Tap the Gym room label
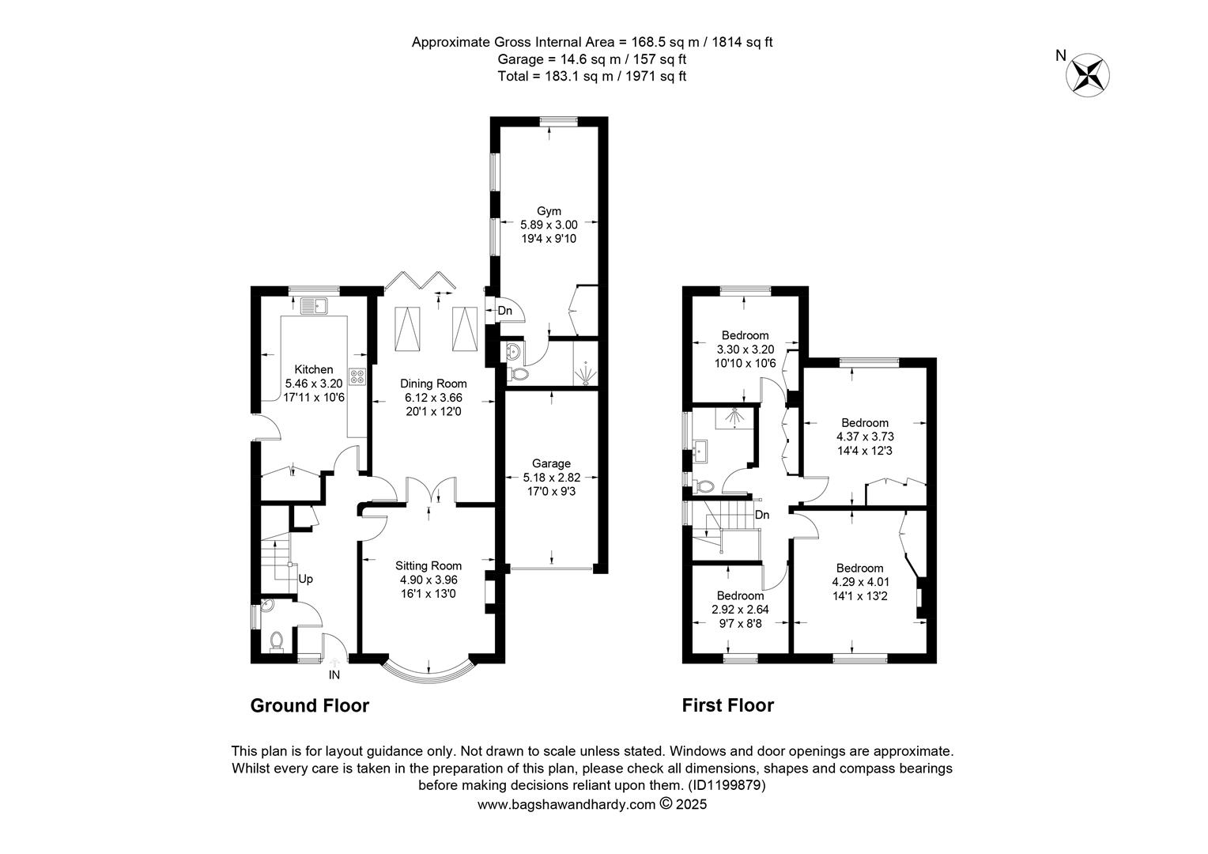tap(549, 211)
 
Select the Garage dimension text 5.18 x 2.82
tap(551, 478)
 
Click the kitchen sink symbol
tap(315, 306)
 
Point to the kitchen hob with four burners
tap(357, 376)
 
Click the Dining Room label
tap(433, 384)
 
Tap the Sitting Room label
tap(428, 566)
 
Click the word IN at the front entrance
tap(334, 675)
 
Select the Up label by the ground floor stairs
tap(305, 580)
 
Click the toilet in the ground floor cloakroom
tap(277, 641)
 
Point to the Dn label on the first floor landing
tap(761, 516)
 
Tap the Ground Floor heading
tap(310, 705)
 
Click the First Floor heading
tap(728, 705)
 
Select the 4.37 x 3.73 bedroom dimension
tap(864, 436)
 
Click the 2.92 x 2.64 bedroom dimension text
tap(741, 610)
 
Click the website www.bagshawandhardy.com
tap(566, 804)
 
